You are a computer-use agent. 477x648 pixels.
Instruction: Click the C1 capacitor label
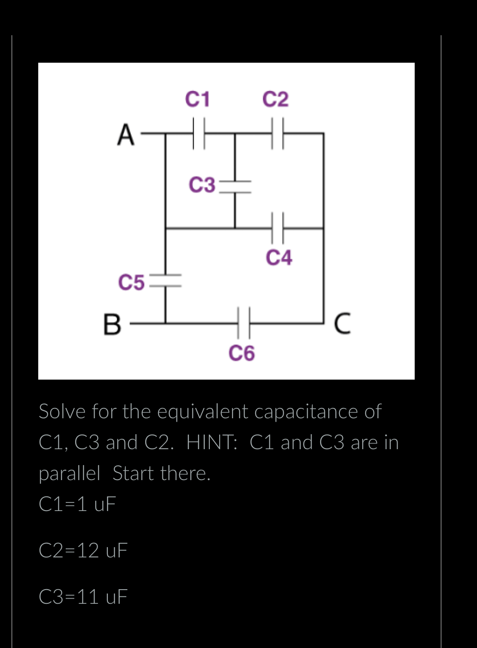[197, 99]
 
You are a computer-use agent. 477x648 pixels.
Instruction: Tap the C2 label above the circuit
[275, 99]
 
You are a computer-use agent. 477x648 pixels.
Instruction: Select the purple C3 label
[202, 185]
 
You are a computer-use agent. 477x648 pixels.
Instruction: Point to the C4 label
[279, 258]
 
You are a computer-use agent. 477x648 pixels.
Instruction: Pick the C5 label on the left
[131, 283]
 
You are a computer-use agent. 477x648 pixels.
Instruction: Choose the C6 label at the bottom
[242, 353]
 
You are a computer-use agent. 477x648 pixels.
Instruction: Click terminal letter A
[125, 135]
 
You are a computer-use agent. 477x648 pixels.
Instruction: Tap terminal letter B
[112, 325]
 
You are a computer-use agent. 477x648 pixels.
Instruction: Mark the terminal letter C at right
[342, 324]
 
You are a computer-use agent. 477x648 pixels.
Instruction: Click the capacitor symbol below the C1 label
[199, 134]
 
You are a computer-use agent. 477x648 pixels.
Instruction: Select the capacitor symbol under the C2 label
[278, 134]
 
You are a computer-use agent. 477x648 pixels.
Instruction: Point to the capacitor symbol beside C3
[235, 186]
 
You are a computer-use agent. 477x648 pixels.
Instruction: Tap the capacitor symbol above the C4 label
[278, 228]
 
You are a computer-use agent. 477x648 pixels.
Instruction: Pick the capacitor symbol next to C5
[166, 281]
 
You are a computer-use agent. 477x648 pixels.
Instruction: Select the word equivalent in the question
[203, 411]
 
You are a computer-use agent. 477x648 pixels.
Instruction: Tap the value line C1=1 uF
[77, 504]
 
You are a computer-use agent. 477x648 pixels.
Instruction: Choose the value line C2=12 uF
[83, 551]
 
